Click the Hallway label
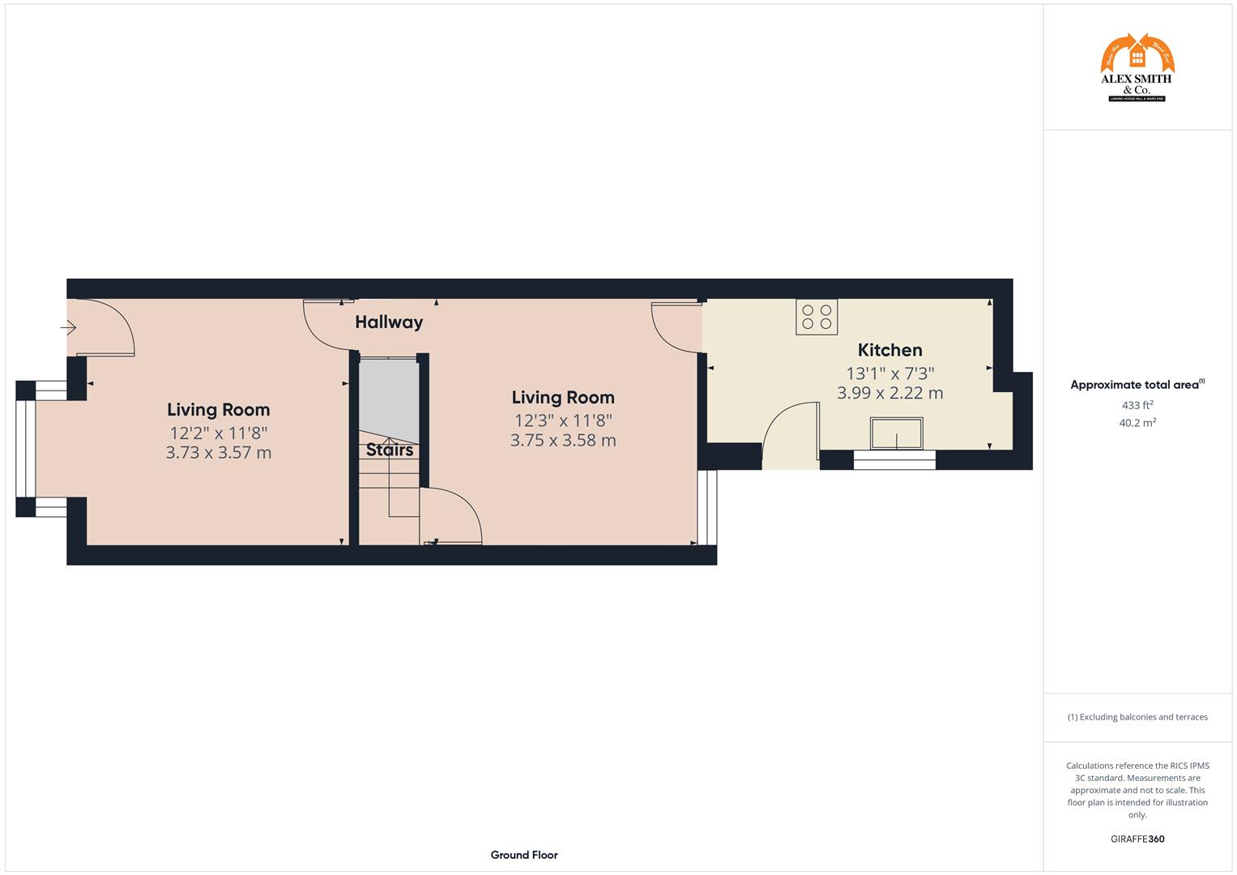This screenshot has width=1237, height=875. coord(389,322)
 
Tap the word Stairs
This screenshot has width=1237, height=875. coord(390,450)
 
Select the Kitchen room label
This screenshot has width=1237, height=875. coord(889,350)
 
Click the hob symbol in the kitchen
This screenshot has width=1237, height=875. coord(817,317)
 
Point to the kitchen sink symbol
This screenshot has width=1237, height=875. coord(896,433)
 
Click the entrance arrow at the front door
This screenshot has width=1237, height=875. coord(68,328)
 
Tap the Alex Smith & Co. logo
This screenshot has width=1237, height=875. coord(1137,67)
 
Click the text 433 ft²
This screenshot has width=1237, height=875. coord(1137,405)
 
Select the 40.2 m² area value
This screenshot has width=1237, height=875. coord(1137,422)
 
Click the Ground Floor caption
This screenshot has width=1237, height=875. coord(524,855)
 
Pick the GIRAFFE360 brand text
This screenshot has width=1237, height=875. coord(1137,839)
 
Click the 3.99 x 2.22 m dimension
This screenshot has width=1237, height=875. coord(889,394)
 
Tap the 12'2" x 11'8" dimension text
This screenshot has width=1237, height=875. coord(218,432)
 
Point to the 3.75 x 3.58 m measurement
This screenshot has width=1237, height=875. coord(563,441)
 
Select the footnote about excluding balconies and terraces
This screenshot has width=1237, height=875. coord(1137,717)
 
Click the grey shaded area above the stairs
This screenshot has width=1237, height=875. coord(388,397)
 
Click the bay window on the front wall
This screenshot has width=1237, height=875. coord(26,448)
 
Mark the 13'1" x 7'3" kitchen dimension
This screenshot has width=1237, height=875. coord(889,373)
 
